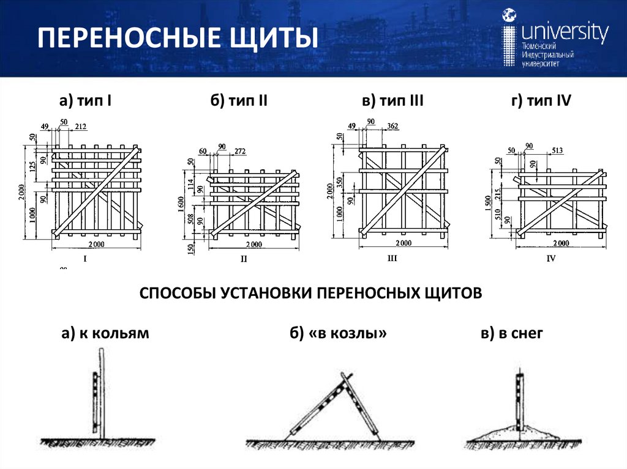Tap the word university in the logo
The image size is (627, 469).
(x=565, y=32)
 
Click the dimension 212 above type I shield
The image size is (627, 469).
(x=81, y=127)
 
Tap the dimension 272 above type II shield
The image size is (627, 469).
(x=240, y=150)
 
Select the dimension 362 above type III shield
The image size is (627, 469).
(x=392, y=126)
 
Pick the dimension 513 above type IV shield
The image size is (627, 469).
(x=557, y=150)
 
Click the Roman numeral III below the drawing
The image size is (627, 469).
(x=392, y=259)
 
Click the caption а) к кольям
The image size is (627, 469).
(x=105, y=333)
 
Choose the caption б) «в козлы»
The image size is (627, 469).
(x=339, y=333)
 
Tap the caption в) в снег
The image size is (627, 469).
(x=512, y=333)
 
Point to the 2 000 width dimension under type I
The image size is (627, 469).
(x=96, y=245)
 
